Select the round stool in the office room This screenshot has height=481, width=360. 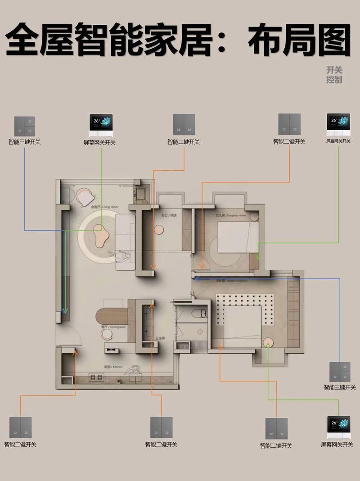coord(158,230)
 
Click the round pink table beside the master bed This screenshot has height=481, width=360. coord(269,343)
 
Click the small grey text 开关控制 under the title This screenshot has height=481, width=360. coord(334,75)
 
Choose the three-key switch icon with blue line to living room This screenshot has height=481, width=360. coord(24,127)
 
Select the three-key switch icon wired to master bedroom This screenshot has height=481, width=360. coord(340,372)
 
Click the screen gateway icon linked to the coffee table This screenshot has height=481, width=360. coord(100,126)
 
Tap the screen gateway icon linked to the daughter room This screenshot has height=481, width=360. coord(338,125)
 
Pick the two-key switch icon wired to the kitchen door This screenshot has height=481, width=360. coord(20,427)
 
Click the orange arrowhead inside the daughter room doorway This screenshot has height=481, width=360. coord(202,266)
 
